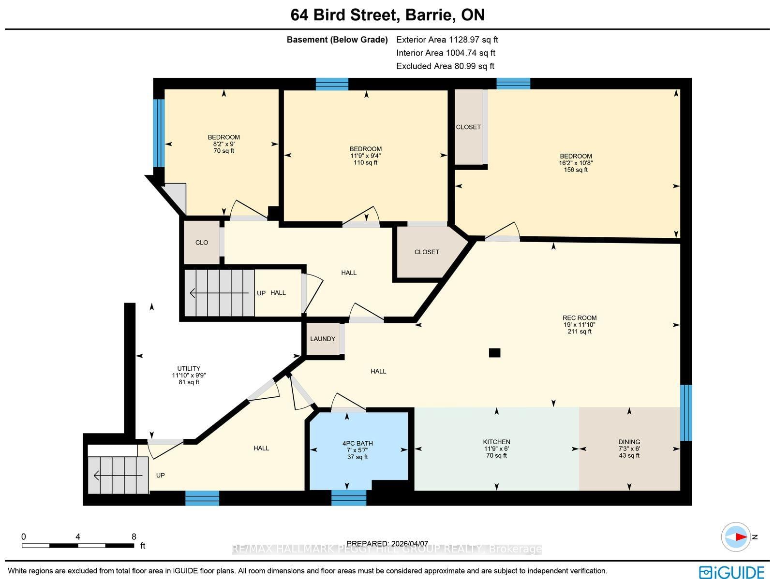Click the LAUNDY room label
322,339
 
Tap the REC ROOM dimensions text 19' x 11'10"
579,325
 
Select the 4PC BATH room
357,449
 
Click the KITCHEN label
496,442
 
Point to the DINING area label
629,442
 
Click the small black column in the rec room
494,353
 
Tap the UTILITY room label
189,368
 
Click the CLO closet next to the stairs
202,243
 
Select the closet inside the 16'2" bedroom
468,127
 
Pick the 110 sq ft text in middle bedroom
365,162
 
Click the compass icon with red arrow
736,536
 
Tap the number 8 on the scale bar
134,536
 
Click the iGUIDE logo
731,572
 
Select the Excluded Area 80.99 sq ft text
445,66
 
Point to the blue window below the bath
348,497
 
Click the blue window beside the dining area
686,412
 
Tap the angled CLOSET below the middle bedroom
427,252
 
